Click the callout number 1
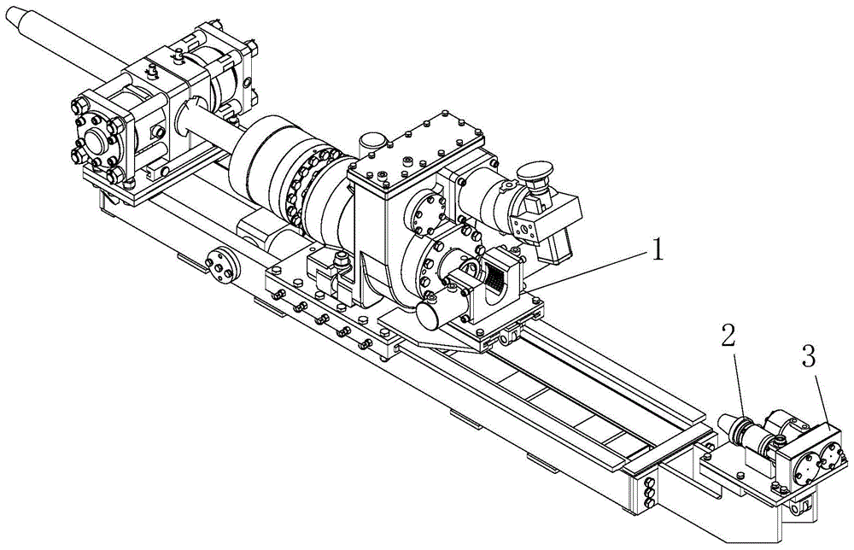pyautogui.click(x=658, y=250)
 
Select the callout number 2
pyautogui.click(x=728, y=336)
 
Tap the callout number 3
pyautogui.click(x=808, y=357)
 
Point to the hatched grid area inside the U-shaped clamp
pyautogui.click(x=495, y=277)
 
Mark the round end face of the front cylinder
pyautogui.click(x=427, y=317)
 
